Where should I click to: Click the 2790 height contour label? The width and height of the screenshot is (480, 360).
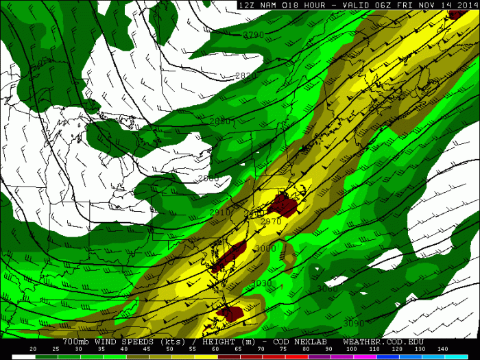(253, 34)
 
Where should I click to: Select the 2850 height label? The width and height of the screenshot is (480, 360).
(220, 121)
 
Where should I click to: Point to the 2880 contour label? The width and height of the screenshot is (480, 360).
(208, 178)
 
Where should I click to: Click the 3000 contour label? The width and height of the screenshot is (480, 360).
(265, 248)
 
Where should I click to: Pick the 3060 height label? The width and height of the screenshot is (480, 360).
(327, 289)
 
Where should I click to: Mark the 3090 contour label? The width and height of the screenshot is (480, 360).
(353, 324)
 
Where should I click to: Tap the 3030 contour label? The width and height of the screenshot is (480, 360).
(261, 283)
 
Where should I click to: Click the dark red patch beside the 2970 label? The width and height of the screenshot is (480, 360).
(282, 204)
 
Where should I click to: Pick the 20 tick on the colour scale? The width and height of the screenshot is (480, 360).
(33, 350)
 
